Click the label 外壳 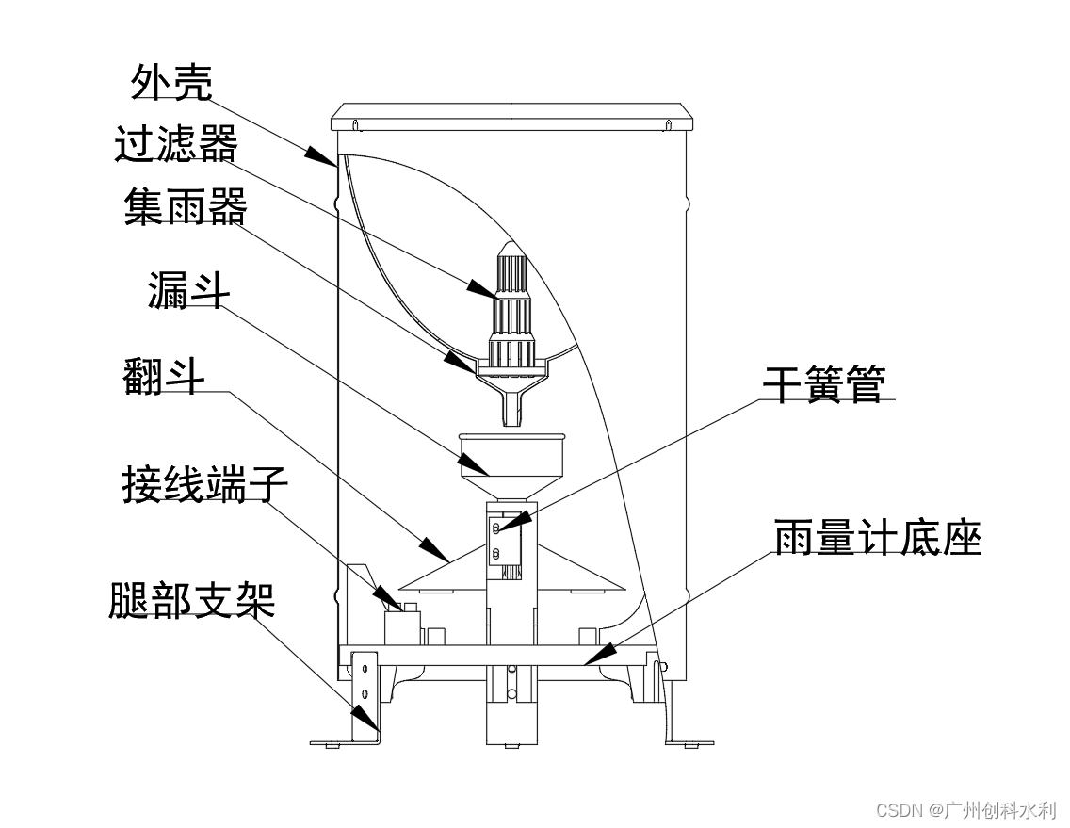tap(171, 83)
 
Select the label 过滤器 tap(176, 146)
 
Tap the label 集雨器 tap(185, 208)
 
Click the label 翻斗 tap(163, 376)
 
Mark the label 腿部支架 tap(191, 600)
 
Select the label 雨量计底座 tap(878, 539)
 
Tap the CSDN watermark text tap(966, 809)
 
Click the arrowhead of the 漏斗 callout tap(473, 463)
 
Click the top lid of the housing tap(511, 120)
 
